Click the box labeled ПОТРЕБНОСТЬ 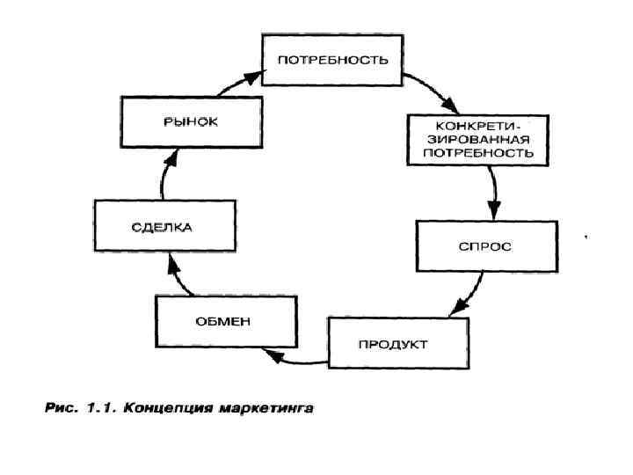(332, 59)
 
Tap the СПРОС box (484, 246)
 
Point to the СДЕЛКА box (164, 226)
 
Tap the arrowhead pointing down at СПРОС (494, 211)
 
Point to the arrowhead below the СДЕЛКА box (171, 261)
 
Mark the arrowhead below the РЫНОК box (171, 157)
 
